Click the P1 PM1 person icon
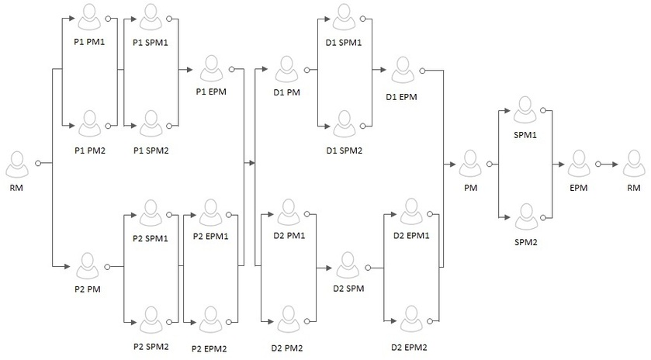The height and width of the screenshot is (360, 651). pyautogui.click(x=89, y=17)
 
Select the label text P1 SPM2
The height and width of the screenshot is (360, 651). pyautogui.click(x=151, y=151)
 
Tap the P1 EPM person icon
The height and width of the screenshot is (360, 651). pyautogui.click(x=211, y=68)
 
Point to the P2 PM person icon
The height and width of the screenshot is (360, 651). pyautogui.click(x=88, y=266)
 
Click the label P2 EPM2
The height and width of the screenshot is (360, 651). pyautogui.click(x=209, y=349)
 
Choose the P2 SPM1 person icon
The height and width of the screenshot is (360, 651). pyautogui.click(x=151, y=213)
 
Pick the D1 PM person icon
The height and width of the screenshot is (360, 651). pyautogui.click(x=286, y=69)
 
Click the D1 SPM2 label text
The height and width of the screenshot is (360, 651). pyautogui.click(x=345, y=151)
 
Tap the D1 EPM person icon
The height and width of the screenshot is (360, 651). pyautogui.click(x=403, y=70)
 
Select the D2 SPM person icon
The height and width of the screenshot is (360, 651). pyautogui.click(x=348, y=266)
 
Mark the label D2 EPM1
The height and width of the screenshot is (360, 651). pyautogui.click(x=411, y=236)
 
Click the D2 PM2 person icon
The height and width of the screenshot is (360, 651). pyautogui.click(x=288, y=320)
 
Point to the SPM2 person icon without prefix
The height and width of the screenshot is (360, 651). pyautogui.click(x=526, y=216)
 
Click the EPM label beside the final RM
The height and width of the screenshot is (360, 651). pyautogui.click(x=578, y=188)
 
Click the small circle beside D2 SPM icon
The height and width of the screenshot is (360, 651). pyautogui.click(x=368, y=268)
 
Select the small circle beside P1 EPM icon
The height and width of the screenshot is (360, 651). pyautogui.click(x=231, y=69)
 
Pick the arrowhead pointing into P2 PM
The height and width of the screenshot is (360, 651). pyautogui.click(x=68, y=266)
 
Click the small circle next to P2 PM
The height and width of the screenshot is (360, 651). pyautogui.click(x=107, y=267)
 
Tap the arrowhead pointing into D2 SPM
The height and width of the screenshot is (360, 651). pyautogui.click(x=328, y=268)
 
